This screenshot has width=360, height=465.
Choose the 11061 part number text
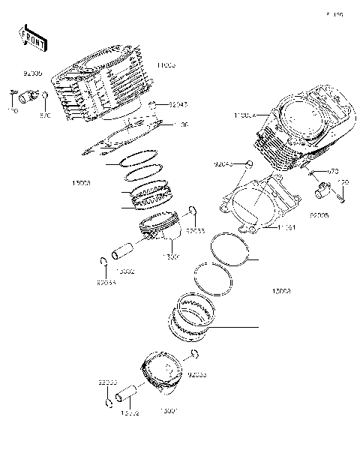(x=288, y=226)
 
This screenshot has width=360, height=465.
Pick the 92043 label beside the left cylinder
(x=177, y=106)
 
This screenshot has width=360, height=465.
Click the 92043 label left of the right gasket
(x=224, y=163)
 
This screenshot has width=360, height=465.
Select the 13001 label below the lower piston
(x=169, y=412)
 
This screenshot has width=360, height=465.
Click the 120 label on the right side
(x=343, y=182)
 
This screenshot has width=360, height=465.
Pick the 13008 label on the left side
(x=82, y=182)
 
